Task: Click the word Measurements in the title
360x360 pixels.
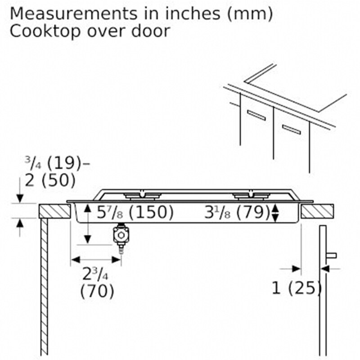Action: (73, 13)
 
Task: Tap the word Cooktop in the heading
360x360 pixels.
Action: (45, 31)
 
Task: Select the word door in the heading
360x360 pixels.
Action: (151, 31)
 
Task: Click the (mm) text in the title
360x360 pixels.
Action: (250, 14)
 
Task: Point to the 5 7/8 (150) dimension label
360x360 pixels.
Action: (135, 212)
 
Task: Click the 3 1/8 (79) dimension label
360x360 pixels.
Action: (237, 212)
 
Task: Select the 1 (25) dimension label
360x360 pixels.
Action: (297, 288)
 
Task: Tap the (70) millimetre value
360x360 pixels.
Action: (97, 291)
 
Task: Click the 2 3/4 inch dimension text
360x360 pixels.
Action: (95, 274)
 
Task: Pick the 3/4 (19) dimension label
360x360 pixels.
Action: (53, 163)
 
